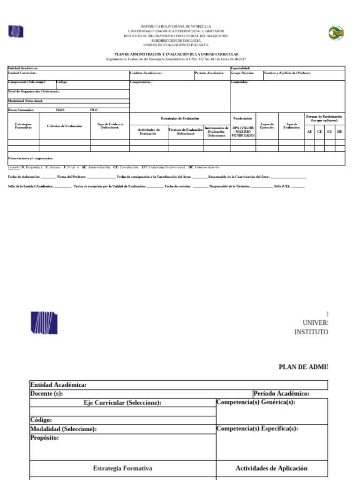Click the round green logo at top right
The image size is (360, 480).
(x=336, y=32)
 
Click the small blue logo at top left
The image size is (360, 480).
(x=15, y=32)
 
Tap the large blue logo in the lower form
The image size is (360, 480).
(x=44, y=322)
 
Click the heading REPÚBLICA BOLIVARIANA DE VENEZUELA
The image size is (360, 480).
(x=176, y=26)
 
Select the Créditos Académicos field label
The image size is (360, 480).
(x=146, y=73)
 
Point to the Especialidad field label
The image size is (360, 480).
(x=241, y=68)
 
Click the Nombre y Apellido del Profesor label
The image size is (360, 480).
(x=287, y=73)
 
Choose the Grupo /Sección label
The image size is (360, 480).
(x=242, y=73)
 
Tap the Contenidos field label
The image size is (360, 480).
(x=240, y=82)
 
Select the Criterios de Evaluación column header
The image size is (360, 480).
(x=64, y=126)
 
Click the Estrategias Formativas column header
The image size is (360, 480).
(x=23, y=126)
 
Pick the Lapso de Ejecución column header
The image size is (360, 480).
(x=267, y=126)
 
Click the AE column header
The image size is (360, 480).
(x=309, y=132)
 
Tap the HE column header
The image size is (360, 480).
(x=339, y=132)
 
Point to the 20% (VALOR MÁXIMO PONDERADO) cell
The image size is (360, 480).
(x=243, y=132)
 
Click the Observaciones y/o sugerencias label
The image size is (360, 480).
(x=30, y=158)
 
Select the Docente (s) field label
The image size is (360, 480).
(x=46, y=394)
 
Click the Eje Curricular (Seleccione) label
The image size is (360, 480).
(x=122, y=403)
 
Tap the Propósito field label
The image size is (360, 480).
(x=45, y=438)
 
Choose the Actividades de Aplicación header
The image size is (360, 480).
(x=271, y=468)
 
